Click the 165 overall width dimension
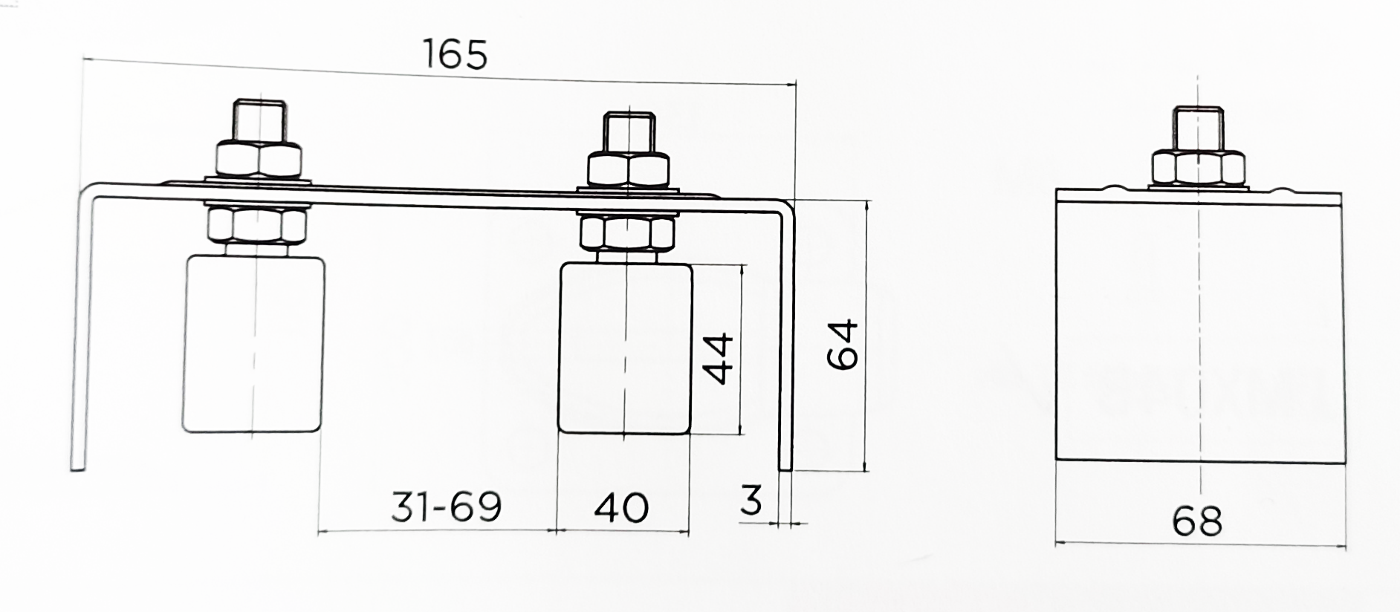tap(455, 53)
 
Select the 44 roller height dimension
tap(719, 359)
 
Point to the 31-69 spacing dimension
tap(447, 507)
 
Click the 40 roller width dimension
tap(621, 507)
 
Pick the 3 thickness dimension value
tap(751, 500)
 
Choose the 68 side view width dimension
tap(1197, 521)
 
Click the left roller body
tap(253, 344)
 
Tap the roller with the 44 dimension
tap(626, 348)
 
